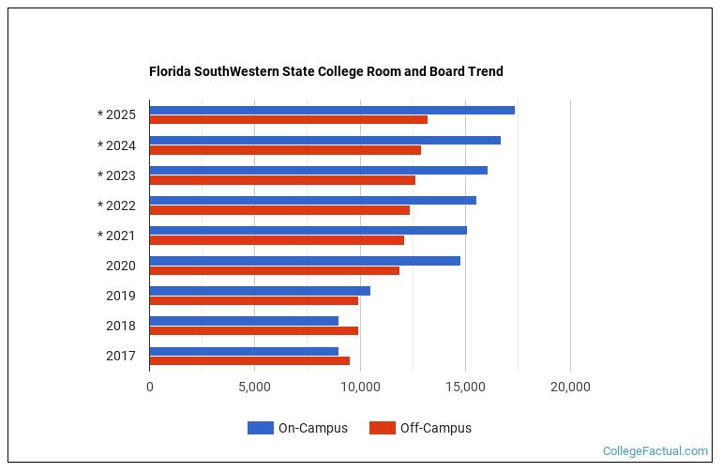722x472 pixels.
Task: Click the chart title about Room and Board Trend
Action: (325, 71)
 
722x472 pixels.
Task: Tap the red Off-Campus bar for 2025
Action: (288, 120)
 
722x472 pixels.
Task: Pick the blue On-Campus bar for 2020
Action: (305, 260)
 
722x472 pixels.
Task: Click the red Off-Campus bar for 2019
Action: (253, 300)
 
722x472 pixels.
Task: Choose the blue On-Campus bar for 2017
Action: (244, 350)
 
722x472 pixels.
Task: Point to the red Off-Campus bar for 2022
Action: (279, 210)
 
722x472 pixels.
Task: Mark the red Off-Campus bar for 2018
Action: (253, 330)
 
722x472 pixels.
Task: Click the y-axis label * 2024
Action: (116, 145)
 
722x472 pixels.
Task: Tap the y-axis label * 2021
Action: (116, 236)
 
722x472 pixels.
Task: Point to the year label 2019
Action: (120, 296)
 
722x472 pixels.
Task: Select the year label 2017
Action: (120, 356)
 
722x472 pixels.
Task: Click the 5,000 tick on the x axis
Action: (254, 386)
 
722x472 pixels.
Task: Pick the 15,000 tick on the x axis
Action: (465, 386)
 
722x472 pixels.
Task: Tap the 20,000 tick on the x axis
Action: (570, 386)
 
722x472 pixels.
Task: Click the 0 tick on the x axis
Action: (149, 386)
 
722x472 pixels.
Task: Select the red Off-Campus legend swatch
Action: (382, 428)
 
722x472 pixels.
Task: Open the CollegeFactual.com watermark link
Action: (654, 451)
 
